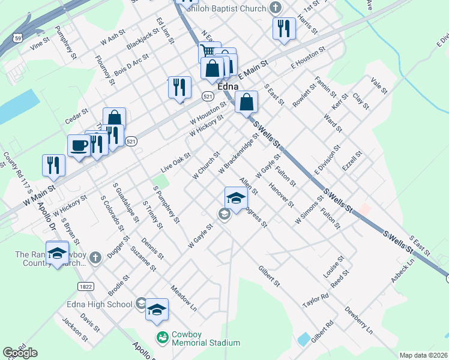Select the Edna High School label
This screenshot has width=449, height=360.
click(100, 304)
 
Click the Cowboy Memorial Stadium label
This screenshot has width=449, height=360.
click(206, 338)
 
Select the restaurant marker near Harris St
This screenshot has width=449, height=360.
click(284, 28)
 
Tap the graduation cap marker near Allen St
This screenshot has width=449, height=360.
click(237, 198)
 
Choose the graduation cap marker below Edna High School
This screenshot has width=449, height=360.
click(157, 309)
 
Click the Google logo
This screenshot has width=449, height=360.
click(20, 353)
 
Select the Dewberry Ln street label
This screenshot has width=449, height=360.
click(358, 320)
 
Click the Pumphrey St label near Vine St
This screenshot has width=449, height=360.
click(66, 41)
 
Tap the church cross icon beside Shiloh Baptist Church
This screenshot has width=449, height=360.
click(276, 8)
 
